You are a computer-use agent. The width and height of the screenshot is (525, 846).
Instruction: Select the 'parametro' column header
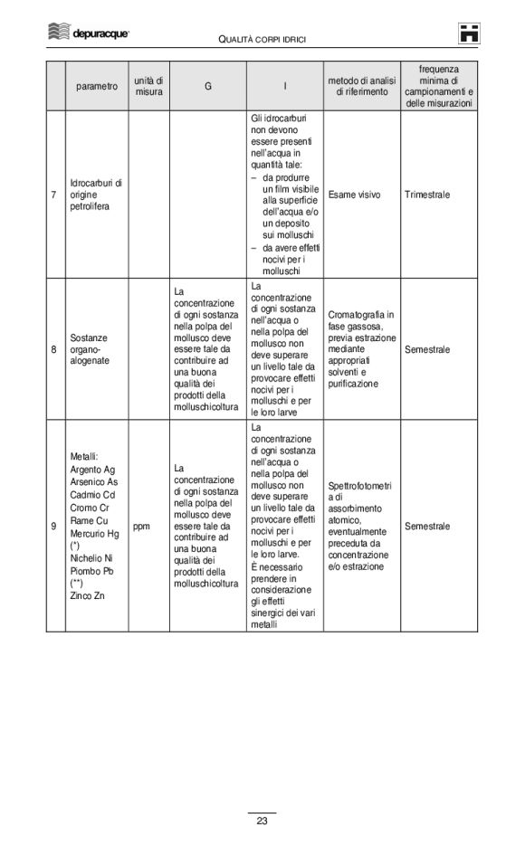96,86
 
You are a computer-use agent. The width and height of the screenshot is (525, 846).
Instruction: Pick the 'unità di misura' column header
148,86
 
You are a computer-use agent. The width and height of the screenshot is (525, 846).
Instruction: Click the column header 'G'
207,86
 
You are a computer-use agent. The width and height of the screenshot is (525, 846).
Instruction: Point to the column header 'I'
285,86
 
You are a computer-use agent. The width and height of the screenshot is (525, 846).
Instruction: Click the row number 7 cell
54,195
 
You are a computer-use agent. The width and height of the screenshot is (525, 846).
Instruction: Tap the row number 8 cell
54,348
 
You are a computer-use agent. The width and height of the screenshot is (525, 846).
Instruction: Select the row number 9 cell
54,526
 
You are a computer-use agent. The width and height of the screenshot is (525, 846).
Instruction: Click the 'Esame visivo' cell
354,195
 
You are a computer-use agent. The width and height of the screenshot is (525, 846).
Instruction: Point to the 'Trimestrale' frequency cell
428,195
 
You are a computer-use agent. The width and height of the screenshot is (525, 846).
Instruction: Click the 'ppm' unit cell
141,526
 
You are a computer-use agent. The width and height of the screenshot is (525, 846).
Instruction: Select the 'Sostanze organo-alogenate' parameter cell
90,348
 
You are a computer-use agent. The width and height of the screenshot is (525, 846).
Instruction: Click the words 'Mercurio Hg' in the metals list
94,533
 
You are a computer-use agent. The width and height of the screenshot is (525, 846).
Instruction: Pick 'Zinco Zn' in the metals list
87,595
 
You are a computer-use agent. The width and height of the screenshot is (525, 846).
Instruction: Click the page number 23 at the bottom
262,822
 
